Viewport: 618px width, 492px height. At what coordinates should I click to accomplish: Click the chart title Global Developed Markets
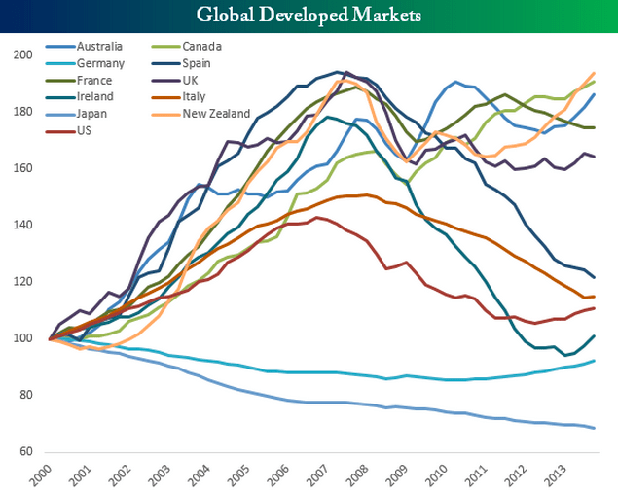point(309,16)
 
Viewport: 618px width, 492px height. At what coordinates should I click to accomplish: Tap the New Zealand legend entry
point(215,114)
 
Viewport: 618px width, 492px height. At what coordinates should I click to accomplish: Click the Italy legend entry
point(195,97)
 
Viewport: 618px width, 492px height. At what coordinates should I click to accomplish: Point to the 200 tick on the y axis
point(20,54)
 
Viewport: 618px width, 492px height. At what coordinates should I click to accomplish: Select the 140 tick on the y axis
point(20,225)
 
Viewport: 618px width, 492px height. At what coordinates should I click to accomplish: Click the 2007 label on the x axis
point(318,474)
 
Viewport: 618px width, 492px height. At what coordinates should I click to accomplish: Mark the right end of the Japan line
point(595,429)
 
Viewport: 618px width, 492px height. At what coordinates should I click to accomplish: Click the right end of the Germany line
point(595,361)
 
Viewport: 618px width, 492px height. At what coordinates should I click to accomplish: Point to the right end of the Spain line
point(595,278)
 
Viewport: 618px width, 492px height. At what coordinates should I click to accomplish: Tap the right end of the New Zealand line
point(595,73)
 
